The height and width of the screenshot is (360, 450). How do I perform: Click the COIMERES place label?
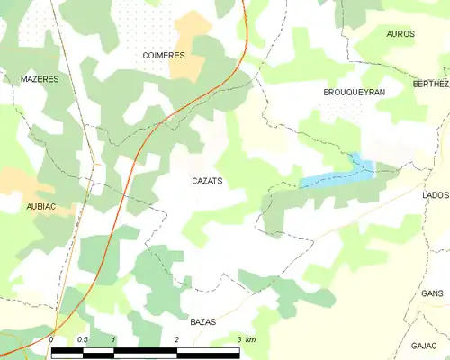click(164, 56)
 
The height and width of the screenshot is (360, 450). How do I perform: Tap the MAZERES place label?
click(40, 79)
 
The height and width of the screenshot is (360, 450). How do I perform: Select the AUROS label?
click(400, 34)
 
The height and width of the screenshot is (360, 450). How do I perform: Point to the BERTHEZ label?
click(429, 83)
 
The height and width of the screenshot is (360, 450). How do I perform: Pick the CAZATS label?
click(207, 181)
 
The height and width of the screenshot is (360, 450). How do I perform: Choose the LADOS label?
click(435, 194)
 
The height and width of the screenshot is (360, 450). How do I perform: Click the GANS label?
click(433, 293)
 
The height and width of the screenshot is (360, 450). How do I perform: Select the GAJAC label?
click(424, 346)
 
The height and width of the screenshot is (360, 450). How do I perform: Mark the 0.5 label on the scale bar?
click(82, 339)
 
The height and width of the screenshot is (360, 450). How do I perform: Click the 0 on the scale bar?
click(52, 339)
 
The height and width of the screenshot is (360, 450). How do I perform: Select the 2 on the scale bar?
click(176, 339)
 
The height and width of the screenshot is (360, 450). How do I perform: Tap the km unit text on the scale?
click(250, 339)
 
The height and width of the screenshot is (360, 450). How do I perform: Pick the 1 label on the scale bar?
click(114, 339)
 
